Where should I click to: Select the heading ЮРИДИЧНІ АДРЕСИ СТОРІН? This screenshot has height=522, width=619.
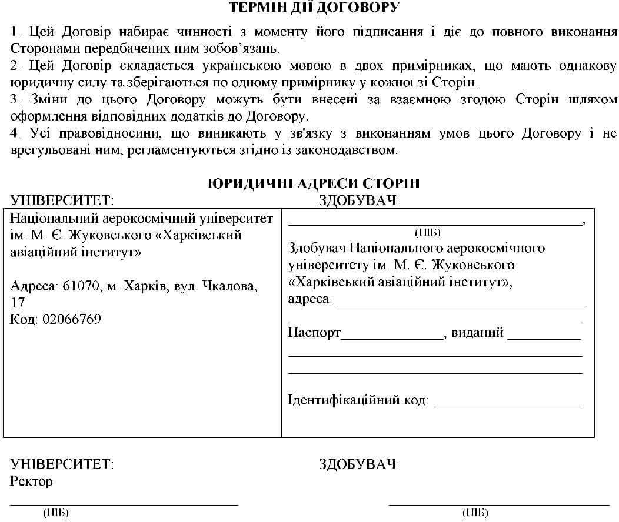coord(314,183)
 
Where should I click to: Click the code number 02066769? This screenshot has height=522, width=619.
coord(71,319)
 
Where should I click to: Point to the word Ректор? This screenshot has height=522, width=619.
coord(31,481)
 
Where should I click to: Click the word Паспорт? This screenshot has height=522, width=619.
coord(314,333)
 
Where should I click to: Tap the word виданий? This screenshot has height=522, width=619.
coord(477,333)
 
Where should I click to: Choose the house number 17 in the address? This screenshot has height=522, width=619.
coord(18,303)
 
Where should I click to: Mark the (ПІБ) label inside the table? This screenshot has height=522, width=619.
coord(428,232)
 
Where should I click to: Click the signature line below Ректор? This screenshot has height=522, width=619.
coord(124,504)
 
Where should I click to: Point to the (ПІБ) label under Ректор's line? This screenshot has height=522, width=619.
coord(56,513)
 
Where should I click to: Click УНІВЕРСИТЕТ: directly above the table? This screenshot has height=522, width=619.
coord(62,200)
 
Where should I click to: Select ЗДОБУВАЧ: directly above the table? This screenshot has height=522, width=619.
coord(358,200)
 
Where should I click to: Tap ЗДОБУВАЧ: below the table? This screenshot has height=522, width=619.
coord(358,464)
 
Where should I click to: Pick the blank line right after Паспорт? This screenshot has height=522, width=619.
coord(391,337)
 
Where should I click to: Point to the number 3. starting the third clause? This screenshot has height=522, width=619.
coord(15,99)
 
